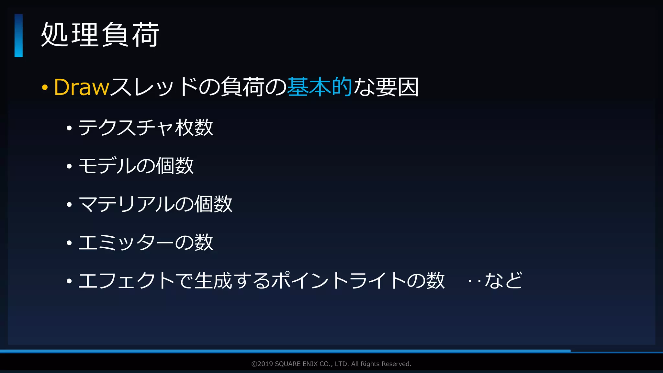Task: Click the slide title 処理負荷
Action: (100, 35)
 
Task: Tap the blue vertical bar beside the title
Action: (18, 36)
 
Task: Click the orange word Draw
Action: (82, 87)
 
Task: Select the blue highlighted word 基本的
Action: (320, 87)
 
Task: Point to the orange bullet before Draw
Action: (45, 87)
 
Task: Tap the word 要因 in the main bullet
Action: (397, 87)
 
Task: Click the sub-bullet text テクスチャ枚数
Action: (146, 128)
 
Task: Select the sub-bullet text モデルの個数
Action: (136, 166)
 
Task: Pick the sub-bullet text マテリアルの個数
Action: (155, 204)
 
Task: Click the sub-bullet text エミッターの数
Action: (146, 242)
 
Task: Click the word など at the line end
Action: (503, 280)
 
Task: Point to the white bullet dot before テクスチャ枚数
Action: (69, 128)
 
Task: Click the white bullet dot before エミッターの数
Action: (69, 243)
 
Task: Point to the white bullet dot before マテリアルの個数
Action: (69, 205)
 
